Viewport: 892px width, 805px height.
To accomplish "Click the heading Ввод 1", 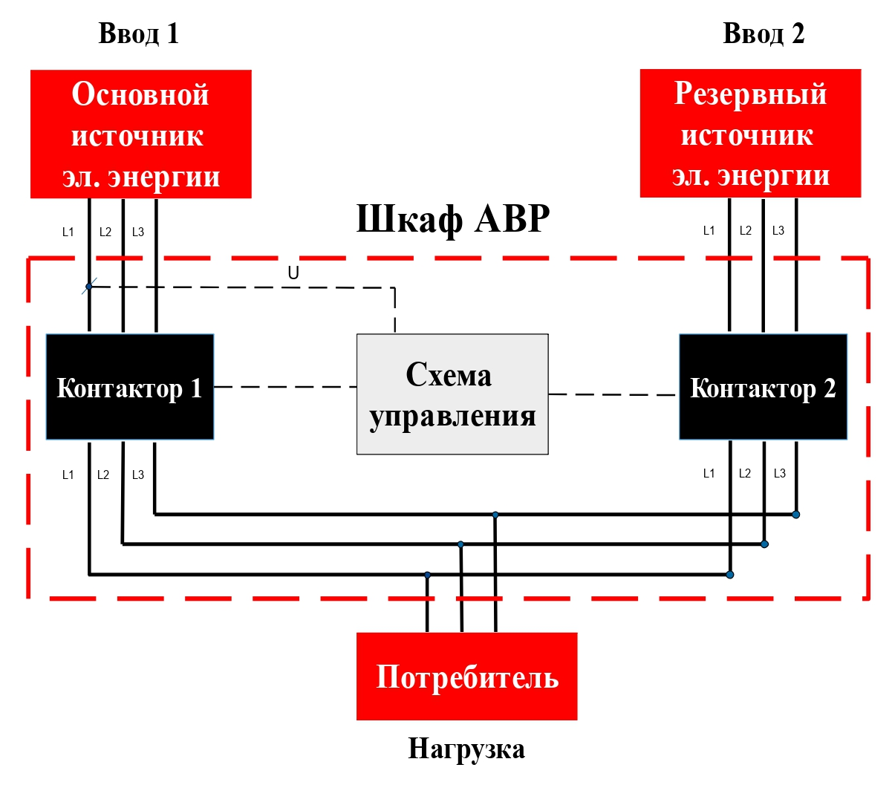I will [139, 34].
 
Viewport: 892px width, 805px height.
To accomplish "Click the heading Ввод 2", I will [764, 34].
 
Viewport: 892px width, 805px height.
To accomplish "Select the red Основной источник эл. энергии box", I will [141, 134].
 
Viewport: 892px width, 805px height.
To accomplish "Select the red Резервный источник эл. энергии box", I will [750, 134].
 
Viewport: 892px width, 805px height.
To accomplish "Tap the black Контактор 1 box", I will [130, 387].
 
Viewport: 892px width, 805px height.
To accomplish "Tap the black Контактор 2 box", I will [763, 387].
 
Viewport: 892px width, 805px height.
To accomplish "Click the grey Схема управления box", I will [452, 394].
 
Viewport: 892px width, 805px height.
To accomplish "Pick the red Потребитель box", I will [466, 677].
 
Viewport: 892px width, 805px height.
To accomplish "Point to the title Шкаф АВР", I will [453, 219].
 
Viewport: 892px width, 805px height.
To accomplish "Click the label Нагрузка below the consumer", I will [466, 749].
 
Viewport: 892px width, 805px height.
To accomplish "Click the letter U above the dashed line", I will [293, 273].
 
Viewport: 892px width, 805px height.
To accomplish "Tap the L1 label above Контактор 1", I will [68, 232].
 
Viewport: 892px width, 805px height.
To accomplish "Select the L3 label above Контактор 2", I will [778, 231].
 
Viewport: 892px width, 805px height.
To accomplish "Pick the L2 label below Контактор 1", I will [103, 475].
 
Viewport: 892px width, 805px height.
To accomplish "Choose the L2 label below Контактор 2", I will [745, 474].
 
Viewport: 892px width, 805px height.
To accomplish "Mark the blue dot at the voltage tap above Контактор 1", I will [89, 286].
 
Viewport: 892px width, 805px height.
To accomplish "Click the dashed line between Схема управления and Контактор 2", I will [613, 394].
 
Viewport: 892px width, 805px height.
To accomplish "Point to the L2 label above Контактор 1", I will [105, 232].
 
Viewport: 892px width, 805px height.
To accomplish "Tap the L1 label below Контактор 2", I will [709, 474].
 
